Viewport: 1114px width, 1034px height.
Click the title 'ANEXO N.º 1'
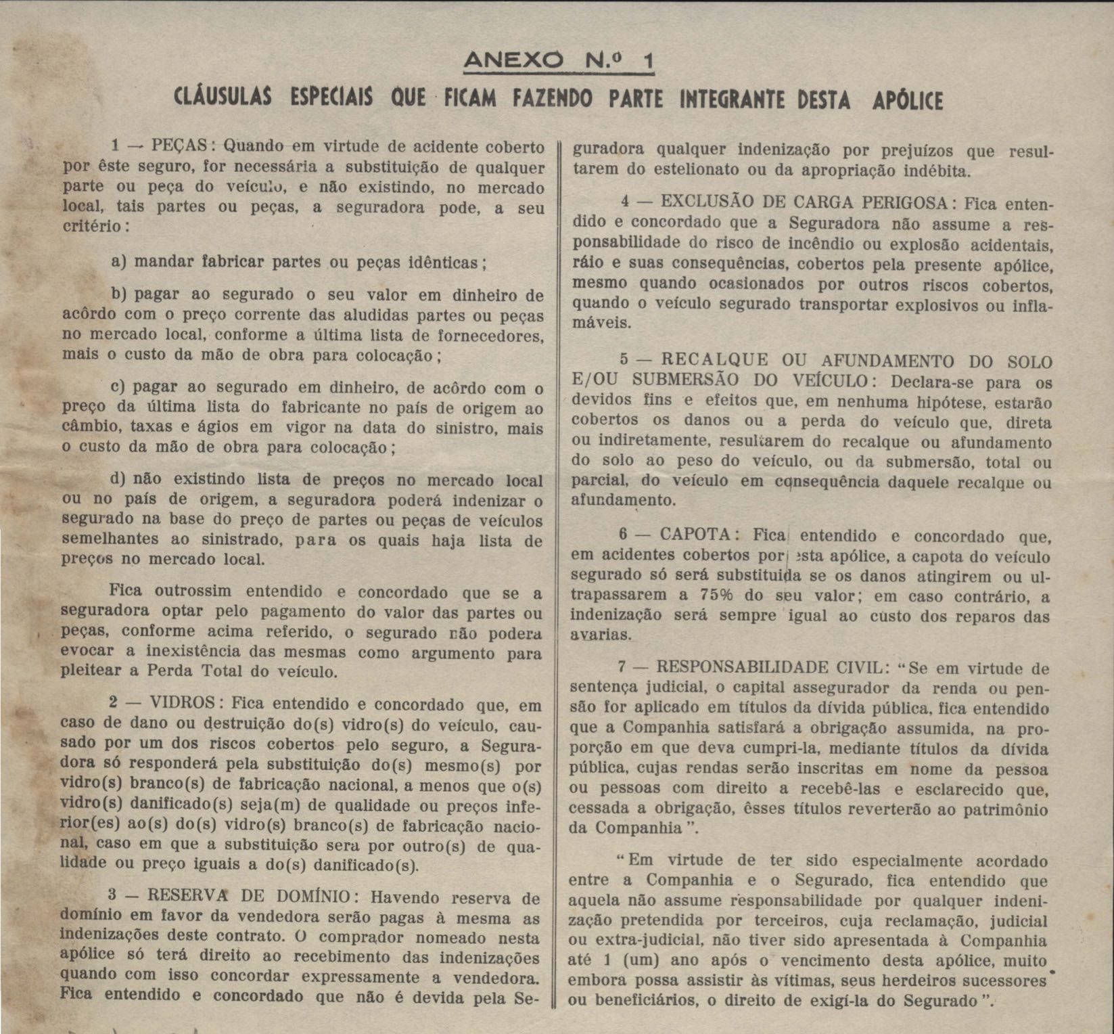559,62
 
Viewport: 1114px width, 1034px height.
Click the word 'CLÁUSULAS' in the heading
223,99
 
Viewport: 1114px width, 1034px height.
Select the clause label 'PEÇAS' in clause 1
179,145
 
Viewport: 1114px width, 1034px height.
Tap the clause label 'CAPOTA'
695,535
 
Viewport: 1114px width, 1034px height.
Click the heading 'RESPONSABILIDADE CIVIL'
769,668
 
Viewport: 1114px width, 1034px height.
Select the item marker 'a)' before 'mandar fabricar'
118,262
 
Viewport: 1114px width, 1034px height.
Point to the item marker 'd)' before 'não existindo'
118,479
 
